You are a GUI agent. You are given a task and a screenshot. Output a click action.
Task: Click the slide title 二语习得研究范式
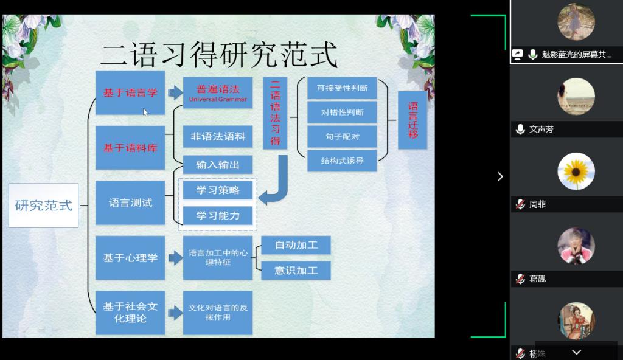pos(218,55)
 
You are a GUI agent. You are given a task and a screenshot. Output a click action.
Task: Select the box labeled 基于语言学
pos(130,92)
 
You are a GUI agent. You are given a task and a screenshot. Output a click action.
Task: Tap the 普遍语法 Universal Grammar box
pos(218,92)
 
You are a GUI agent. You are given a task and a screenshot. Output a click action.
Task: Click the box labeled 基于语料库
pos(130,147)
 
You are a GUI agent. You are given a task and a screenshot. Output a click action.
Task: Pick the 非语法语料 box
pos(218,137)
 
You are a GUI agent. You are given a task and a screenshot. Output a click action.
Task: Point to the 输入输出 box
pos(218,165)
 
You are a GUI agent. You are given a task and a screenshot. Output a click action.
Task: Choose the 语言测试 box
pos(130,203)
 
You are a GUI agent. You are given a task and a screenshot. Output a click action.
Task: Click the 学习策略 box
pos(218,190)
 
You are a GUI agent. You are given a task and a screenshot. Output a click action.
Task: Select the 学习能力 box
pos(218,215)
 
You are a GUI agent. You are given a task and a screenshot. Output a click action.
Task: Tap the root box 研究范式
pos(43,206)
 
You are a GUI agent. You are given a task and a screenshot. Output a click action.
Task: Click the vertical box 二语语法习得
pos(275,113)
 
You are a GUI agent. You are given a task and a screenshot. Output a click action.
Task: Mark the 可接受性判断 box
pos(342,88)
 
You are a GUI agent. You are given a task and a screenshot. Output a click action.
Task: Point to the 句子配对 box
pos(342,137)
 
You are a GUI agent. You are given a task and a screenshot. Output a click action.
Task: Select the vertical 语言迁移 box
pos(412,120)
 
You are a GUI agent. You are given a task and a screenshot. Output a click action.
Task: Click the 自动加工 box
pos(296,245)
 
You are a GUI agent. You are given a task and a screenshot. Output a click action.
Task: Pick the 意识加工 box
pos(296,270)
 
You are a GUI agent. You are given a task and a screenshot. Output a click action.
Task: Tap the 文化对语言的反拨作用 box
pos(218,313)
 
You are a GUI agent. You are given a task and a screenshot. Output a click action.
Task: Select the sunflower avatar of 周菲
pos(576,171)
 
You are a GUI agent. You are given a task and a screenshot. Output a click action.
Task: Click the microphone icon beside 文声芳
pos(520,129)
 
